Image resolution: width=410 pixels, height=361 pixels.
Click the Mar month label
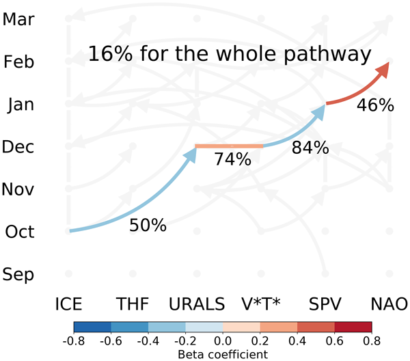point(18,18)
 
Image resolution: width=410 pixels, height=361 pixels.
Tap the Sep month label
point(19,275)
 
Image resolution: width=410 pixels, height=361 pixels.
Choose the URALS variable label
point(197,304)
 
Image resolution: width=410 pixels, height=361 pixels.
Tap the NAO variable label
point(389,304)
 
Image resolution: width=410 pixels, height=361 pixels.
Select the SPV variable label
point(325,304)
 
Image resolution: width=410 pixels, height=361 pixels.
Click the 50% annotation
point(148,225)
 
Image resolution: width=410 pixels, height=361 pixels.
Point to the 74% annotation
point(233,160)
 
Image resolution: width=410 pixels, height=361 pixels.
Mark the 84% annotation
point(310,147)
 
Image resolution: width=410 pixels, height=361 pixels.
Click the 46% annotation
point(375,105)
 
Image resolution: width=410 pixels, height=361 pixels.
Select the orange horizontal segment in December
point(230,146)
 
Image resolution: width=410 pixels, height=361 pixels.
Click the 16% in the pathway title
point(108,54)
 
